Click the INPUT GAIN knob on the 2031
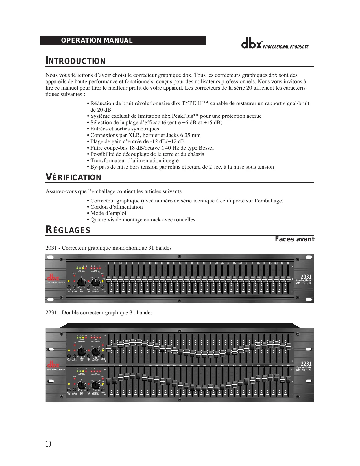click(x=81, y=282)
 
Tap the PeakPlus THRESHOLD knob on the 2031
click(x=95, y=282)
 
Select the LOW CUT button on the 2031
click(x=89, y=287)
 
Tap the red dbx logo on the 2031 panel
click(x=53, y=278)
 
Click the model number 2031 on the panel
click(x=306, y=277)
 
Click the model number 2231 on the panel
click(x=306, y=364)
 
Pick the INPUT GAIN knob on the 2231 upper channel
click(x=82, y=352)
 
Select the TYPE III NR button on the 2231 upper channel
click(x=69, y=356)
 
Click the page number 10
click(x=48, y=444)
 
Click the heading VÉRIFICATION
click(x=73, y=177)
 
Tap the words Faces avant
click(x=294, y=239)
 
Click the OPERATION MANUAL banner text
click(x=97, y=40)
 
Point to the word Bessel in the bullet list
click(x=206, y=148)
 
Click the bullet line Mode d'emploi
click(x=108, y=213)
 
